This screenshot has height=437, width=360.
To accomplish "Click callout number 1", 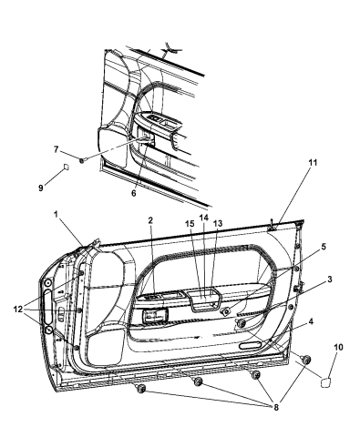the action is [56, 215].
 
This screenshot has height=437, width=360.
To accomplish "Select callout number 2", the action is [150, 220].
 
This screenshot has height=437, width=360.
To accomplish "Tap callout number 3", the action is [330, 279].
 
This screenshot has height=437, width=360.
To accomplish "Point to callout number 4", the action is [311, 321].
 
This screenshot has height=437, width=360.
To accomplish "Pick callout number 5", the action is [324, 247].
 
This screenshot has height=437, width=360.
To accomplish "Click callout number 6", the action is [134, 193].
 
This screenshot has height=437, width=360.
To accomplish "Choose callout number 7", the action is [56, 149].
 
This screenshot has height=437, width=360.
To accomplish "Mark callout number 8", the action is [276, 408].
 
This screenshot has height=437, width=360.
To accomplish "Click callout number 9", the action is [41, 188].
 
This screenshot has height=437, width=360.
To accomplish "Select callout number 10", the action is [339, 347].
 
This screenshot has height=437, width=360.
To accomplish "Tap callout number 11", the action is [313, 163].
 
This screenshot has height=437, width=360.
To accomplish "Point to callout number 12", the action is [18, 310].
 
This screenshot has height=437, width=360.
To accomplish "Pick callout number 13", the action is [218, 223].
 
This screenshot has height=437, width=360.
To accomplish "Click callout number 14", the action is [204, 218].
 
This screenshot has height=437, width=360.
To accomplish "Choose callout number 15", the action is [190, 223].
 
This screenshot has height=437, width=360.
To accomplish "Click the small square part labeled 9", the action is [66, 167].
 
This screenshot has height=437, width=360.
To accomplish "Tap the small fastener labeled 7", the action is [82, 160].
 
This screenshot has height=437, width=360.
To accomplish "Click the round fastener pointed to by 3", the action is [242, 323].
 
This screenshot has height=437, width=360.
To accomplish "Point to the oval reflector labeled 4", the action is [252, 345].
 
